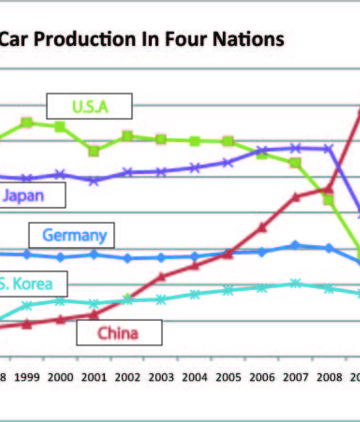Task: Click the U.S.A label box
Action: (89, 106)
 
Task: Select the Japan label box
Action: (30, 195)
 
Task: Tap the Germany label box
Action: (71, 235)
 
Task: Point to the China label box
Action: (119, 333)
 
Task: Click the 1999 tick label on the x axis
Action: (27, 378)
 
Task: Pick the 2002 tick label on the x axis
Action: (127, 378)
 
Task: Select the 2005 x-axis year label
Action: (228, 378)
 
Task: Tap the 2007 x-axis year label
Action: (295, 378)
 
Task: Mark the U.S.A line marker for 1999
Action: (27, 122)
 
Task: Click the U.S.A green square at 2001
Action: (93, 151)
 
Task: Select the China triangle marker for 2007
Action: (295, 197)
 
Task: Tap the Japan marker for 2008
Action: (328, 148)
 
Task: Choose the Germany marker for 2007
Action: (295, 245)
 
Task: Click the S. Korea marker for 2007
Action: (295, 284)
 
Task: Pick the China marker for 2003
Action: (161, 276)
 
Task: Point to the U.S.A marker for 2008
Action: (328, 200)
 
